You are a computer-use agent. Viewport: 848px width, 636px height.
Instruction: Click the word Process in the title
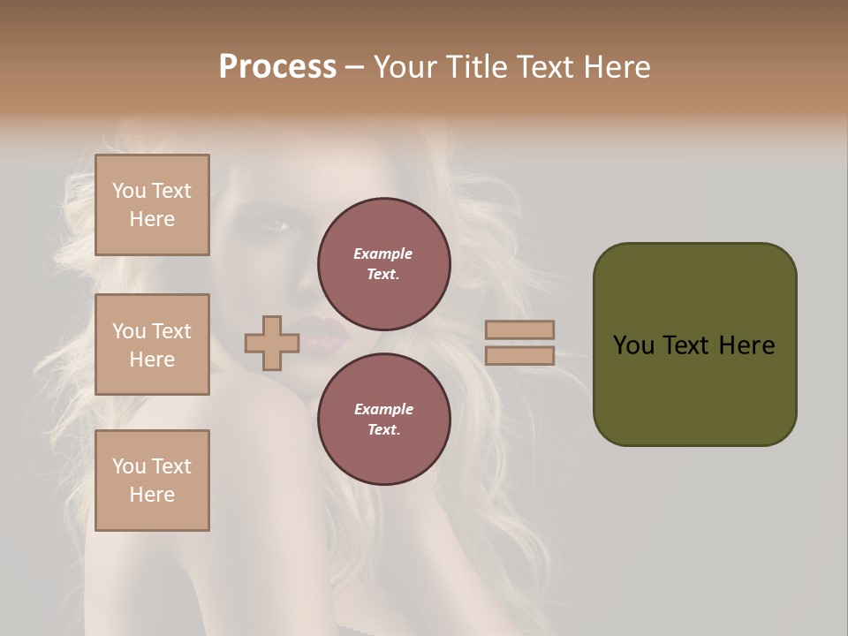coord(277,67)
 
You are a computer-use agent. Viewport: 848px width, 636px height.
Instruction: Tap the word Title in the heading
coord(472,67)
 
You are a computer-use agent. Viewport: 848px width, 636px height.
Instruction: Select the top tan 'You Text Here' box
coord(152,205)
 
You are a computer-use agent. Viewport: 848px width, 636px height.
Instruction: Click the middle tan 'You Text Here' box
coord(152,344)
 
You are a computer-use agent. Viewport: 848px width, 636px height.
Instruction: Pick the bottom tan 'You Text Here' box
coord(152,481)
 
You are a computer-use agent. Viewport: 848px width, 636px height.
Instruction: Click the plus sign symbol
coord(272,343)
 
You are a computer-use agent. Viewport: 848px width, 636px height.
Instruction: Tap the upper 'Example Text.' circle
coord(383,264)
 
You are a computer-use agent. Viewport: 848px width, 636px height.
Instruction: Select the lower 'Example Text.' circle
coord(383,420)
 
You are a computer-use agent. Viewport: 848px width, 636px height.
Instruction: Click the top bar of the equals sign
coord(519,330)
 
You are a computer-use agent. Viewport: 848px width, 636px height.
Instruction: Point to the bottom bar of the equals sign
coord(519,356)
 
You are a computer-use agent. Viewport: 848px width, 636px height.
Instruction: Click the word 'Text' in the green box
coord(687,345)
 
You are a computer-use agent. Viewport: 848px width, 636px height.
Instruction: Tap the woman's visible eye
coord(277,225)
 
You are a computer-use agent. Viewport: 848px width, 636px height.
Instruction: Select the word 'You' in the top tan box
coord(129,191)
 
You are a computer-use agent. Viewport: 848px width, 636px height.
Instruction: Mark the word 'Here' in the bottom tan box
coord(152,495)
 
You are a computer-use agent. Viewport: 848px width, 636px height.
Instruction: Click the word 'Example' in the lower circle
coord(383,409)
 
